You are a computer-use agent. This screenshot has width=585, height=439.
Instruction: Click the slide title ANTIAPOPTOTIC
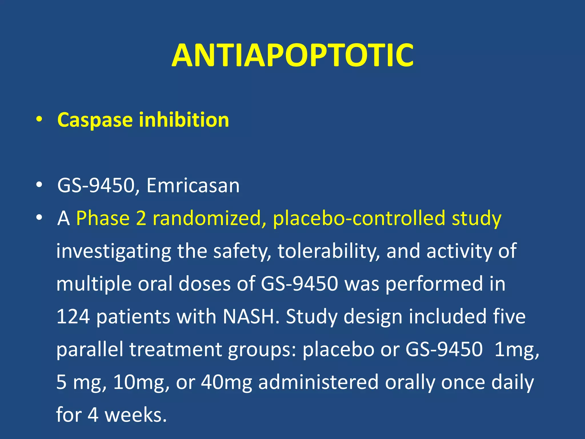pos(292,55)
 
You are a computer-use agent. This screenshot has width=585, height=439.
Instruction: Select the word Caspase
pos(95,120)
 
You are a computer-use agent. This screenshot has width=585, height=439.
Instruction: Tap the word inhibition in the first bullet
pos(184,120)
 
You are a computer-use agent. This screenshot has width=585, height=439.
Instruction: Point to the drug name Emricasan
pos(193,185)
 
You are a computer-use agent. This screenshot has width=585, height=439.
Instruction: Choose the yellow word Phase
pos(103,218)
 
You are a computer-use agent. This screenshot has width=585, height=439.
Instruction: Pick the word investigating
pos(113,251)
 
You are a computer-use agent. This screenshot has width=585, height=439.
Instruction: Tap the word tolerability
pos(328,251)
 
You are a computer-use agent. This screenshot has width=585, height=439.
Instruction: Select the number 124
pos(73,317)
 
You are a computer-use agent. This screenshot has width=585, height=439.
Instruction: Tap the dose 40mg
pos(226,382)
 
